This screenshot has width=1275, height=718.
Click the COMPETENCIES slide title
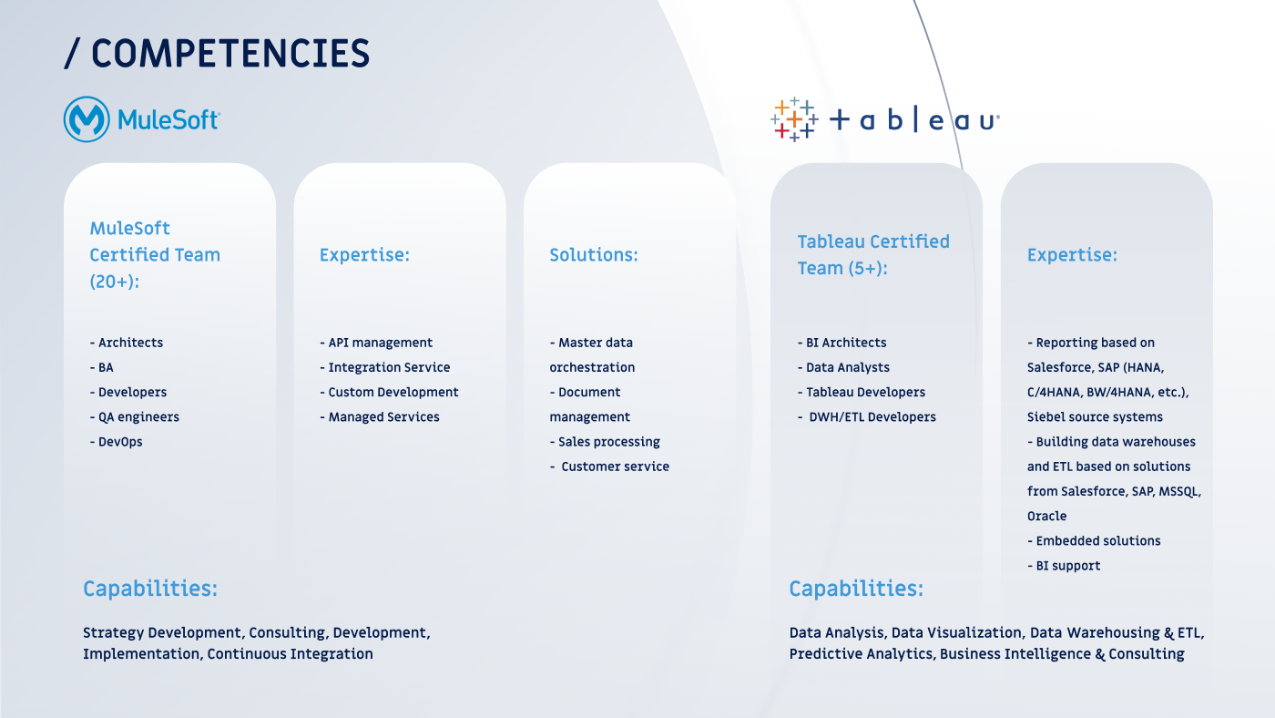coord(217,54)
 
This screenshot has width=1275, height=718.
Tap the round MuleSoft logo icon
coord(87,119)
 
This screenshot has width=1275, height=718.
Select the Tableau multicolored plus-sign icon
coord(794,119)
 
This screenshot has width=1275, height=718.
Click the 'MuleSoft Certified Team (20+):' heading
coord(155,254)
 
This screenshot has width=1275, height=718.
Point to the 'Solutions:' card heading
coord(594,254)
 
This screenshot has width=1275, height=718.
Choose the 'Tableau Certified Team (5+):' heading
coord(873,254)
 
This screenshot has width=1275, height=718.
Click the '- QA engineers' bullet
coord(135,416)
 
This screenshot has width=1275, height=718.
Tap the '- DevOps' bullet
coord(117,441)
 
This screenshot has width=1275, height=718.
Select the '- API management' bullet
coord(376,343)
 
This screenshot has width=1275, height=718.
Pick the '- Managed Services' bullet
coord(380,416)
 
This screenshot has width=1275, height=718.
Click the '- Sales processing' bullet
coord(605,442)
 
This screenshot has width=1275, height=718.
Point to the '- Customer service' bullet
coord(609,467)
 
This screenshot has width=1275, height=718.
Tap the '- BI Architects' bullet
coord(841,343)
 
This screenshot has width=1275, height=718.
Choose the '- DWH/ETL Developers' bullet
coord(867,416)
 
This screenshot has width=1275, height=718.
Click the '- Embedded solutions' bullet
coord(1094,541)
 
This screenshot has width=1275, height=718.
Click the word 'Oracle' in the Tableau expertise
coord(1046,516)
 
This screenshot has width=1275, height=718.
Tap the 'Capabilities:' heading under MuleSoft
coord(150,589)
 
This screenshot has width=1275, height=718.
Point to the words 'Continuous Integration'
coord(291,653)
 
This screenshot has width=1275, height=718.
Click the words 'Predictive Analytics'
coord(862,653)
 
